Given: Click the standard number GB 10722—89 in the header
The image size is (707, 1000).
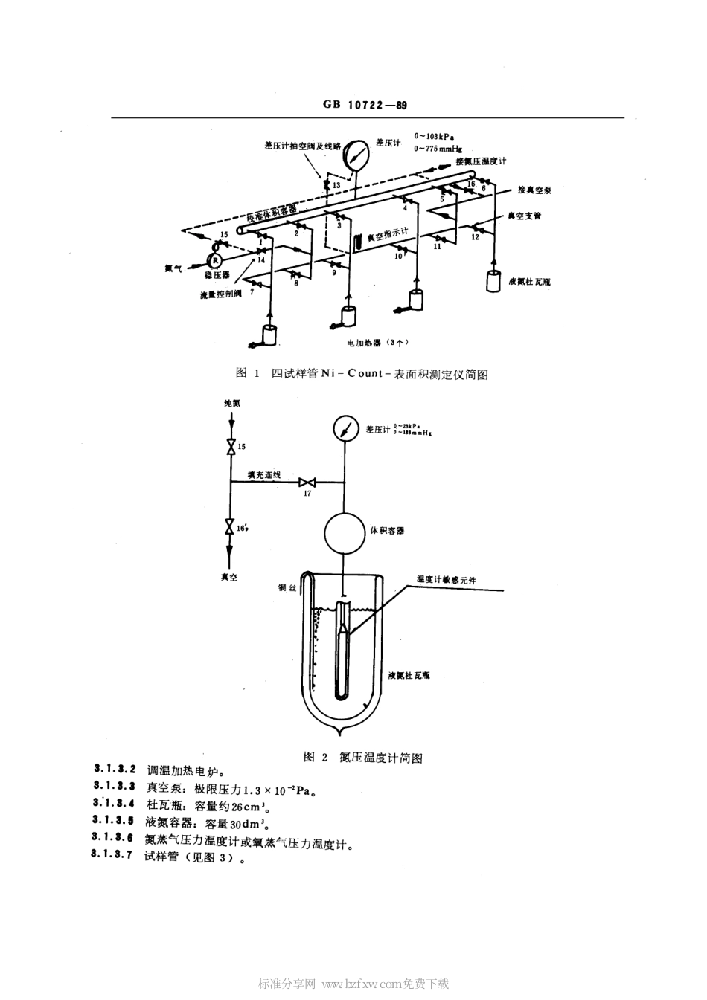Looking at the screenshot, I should [x=365, y=106].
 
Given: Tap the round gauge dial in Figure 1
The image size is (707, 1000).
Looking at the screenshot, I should [x=357, y=153].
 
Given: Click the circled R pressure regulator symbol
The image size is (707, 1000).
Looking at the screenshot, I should [x=214, y=259].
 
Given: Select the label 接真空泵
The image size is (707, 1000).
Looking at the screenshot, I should [x=534, y=190].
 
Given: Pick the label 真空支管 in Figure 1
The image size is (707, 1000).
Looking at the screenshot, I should [x=524, y=216].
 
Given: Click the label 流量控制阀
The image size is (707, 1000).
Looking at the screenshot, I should [x=221, y=294].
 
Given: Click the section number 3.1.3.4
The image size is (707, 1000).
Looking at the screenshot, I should [x=115, y=803].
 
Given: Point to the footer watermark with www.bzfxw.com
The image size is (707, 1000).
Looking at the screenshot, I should [x=353, y=984].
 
